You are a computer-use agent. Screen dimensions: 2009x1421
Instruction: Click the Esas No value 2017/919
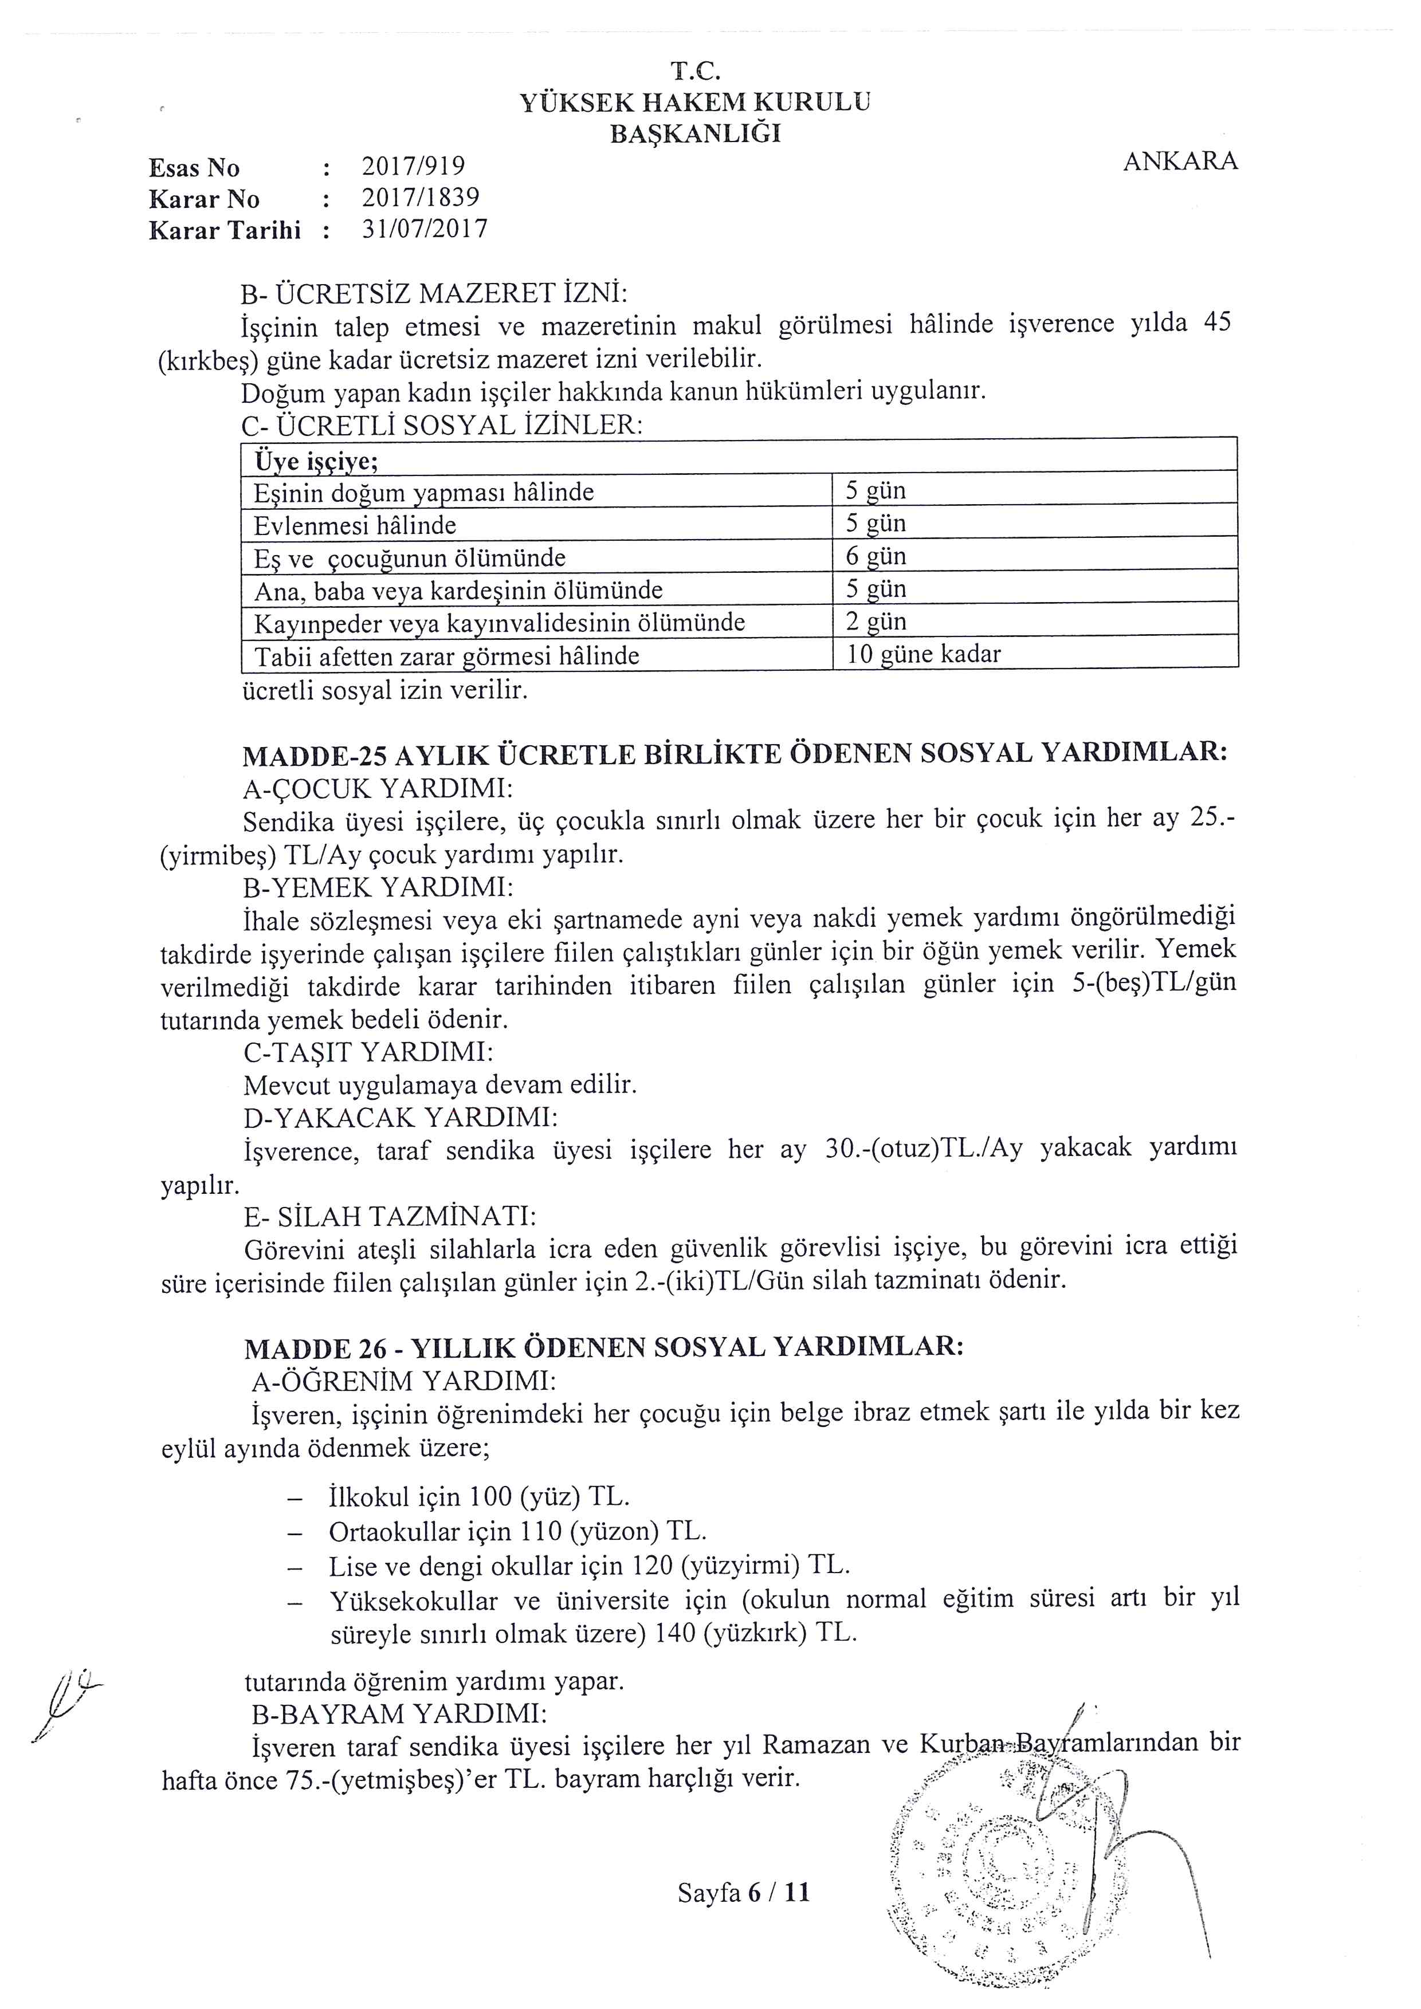413,166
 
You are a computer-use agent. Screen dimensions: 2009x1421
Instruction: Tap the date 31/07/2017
425,229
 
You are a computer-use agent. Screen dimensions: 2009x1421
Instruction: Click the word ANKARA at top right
1180,161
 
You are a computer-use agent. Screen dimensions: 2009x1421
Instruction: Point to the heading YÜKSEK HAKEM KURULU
695,103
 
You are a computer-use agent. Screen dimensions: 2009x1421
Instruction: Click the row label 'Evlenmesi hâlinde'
354,525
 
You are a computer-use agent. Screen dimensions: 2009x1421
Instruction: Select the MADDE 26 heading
603,1347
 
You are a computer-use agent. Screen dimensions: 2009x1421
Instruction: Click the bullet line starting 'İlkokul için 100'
478,1496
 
